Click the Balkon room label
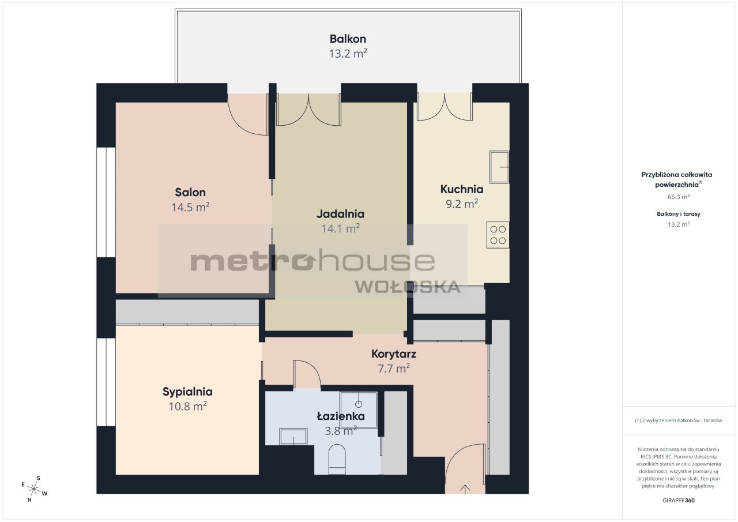pos(348,39)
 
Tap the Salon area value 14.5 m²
pos(190,207)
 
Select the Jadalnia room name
pos(340,214)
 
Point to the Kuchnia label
pos(462,189)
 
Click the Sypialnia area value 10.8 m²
pos(188,406)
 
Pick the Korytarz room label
pos(393,354)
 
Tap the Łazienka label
pos(341,416)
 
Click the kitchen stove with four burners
pos(498,235)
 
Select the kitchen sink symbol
pos(499,167)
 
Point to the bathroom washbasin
pos(293,437)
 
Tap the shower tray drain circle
pos(359,404)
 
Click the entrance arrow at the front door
pos(465,490)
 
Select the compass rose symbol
pos(34,489)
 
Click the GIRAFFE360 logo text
pos(679,500)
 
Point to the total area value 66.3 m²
pos(679,197)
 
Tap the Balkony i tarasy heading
pos(679,214)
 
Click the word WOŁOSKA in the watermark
pos(408,287)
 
